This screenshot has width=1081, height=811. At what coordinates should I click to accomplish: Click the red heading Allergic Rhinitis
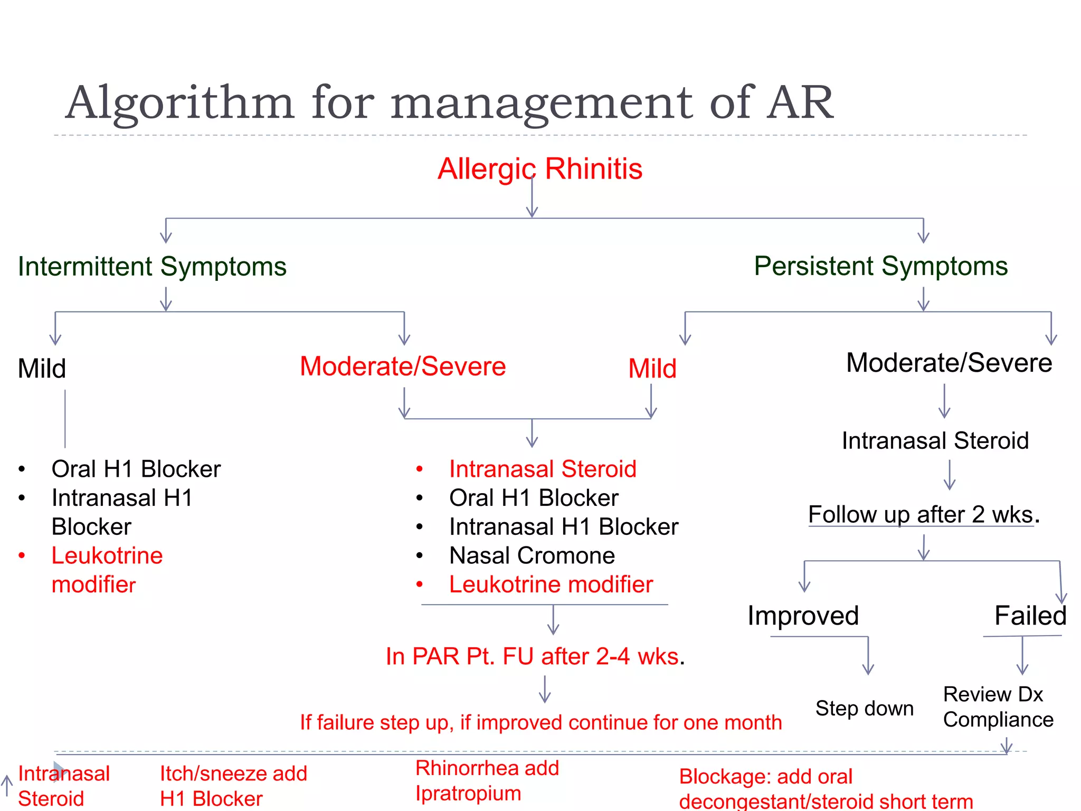click(539, 169)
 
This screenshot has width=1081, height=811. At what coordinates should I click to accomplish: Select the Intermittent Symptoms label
click(152, 266)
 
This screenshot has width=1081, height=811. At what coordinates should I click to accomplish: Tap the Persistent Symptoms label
click(880, 266)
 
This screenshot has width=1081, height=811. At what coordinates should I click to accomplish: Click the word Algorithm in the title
click(179, 103)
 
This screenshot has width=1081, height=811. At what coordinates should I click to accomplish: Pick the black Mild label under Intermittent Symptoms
click(42, 369)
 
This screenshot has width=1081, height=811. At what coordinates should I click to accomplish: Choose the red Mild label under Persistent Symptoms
click(652, 369)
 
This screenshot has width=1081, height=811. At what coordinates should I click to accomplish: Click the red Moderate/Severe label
click(403, 366)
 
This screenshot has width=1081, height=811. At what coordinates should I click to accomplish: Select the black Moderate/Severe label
click(949, 363)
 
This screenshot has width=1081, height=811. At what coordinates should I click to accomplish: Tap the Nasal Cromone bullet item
click(532, 555)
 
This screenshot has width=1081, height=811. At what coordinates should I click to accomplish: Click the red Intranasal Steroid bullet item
click(542, 469)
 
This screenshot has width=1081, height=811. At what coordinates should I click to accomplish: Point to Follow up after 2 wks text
click(923, 515)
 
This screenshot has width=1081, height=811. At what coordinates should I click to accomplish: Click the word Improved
click(803, 616)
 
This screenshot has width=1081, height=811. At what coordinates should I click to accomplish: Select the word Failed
click(1030, 616)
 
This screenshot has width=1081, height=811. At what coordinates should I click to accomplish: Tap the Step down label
click(864, 709)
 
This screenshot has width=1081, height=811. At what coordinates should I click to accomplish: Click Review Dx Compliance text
click(997, 707)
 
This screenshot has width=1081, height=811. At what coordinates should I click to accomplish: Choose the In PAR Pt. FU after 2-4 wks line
click(534, 657)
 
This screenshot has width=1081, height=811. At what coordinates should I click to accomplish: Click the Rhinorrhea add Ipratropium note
click(486, 781)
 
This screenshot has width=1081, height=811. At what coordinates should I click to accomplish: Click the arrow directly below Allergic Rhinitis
click(532, 198)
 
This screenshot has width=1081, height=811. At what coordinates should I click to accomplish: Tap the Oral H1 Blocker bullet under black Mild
click(136, 469)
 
